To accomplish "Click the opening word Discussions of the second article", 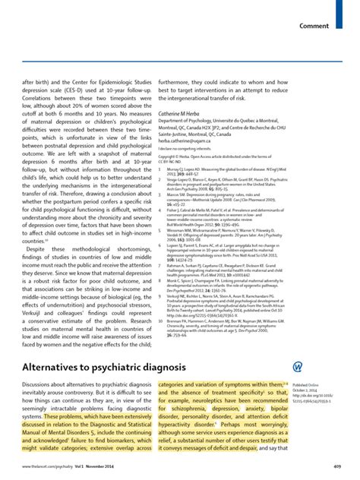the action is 43,386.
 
